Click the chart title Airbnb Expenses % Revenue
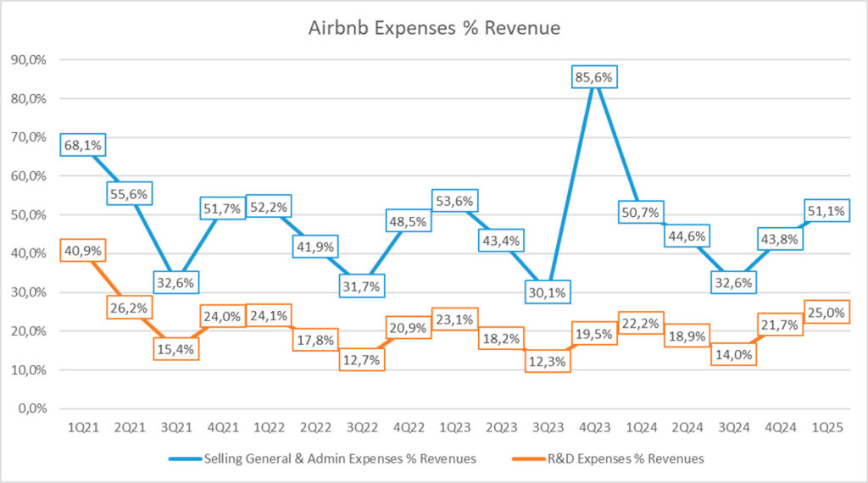434,27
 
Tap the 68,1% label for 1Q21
82,145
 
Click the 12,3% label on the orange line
548,361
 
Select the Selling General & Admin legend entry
339,458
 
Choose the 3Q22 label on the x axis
362,429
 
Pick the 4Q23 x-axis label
594,429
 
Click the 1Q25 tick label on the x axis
826,429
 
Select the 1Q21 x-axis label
82,429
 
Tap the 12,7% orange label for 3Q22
362,359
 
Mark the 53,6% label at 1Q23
454,201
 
